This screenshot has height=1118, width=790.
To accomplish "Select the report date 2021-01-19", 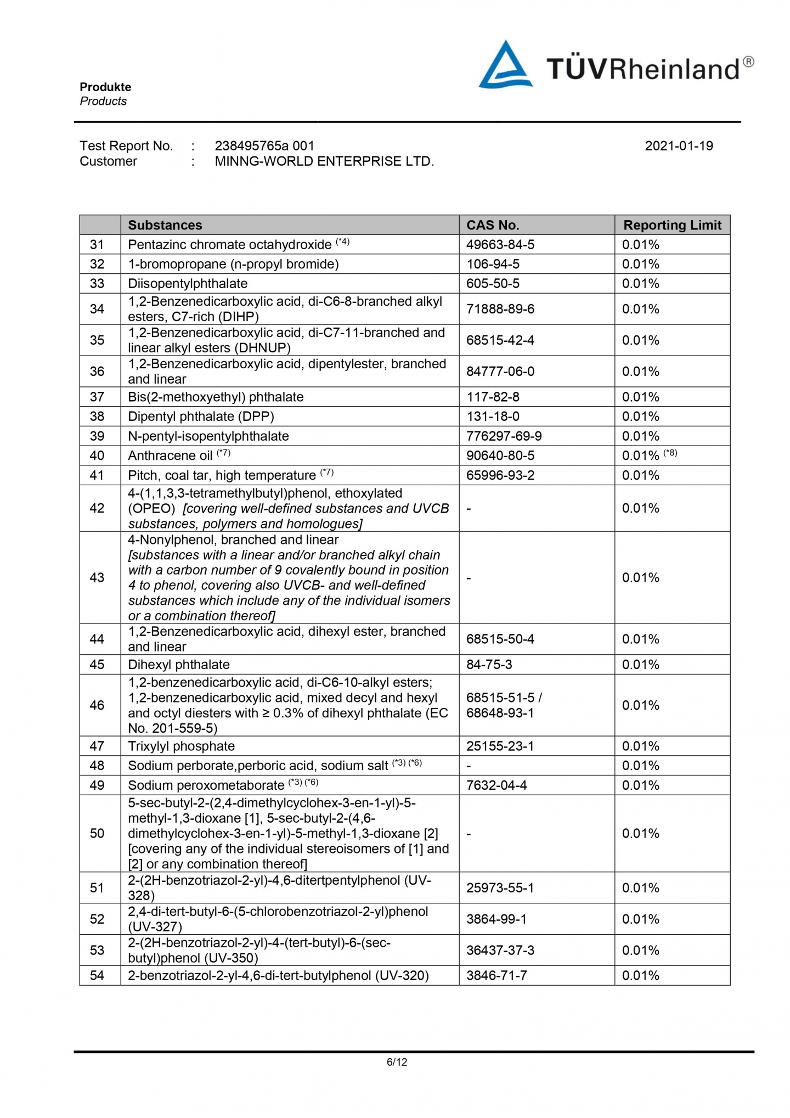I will point(679,146).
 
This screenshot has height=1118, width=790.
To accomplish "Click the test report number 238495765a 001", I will point(264,146).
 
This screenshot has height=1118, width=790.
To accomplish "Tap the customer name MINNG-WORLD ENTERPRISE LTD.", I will point(324,161).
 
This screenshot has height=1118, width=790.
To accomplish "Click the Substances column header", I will point(165,225).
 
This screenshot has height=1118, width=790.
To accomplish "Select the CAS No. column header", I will point(493,225).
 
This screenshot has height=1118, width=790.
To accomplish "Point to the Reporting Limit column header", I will point(672,225).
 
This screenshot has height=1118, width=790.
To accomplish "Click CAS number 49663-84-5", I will point(500,245).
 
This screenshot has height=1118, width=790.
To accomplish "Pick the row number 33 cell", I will point(97,284).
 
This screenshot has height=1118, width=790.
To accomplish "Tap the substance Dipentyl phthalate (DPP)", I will point(201,417).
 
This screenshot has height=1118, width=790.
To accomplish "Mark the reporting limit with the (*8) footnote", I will point(650,456).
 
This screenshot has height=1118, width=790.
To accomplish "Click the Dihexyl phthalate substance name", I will point(179,665).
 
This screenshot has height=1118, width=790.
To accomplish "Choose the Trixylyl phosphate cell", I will point(181,746).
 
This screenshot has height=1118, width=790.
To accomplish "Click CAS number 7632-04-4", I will point(496,785).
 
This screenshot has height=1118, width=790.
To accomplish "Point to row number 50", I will point(97,834).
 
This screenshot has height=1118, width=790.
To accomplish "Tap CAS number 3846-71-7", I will point(496,976).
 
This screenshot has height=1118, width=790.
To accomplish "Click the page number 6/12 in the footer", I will point(397,1062).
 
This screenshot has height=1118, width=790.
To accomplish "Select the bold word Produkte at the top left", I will point(105,87).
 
